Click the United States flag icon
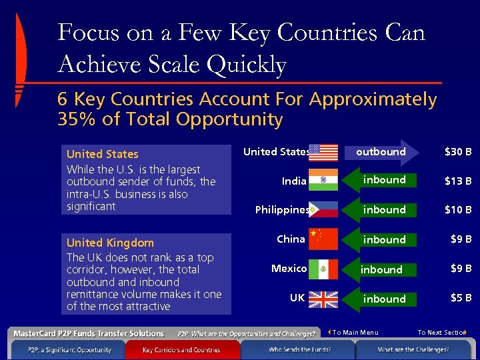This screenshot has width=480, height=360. coord(323,152)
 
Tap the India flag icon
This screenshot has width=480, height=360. coord(323,181)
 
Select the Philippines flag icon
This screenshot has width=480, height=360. coord(323,210)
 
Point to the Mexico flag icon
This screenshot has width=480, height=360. coord(323,269)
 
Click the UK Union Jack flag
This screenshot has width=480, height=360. coord(323,298)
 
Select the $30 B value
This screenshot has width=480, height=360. coord(458,152)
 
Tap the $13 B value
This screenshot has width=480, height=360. coord(458,181)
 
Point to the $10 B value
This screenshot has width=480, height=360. coord(458,210)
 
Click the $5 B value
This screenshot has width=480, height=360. coord(460,298)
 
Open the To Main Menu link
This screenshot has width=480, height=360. coord(355,333)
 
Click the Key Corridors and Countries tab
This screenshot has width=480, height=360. coord(181,349)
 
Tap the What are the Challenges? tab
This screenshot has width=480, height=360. coord(413,349)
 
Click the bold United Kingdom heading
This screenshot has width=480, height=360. coord(110,243)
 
